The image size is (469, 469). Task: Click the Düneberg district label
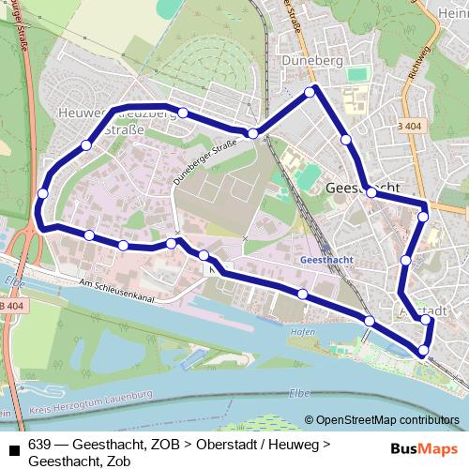coord(309,60)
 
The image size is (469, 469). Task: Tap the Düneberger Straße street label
coord(204,161)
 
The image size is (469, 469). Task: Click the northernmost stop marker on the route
coord(313,91)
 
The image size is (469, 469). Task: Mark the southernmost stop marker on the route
coord(423,351)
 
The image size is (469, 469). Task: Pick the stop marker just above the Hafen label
coord(302,295)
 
